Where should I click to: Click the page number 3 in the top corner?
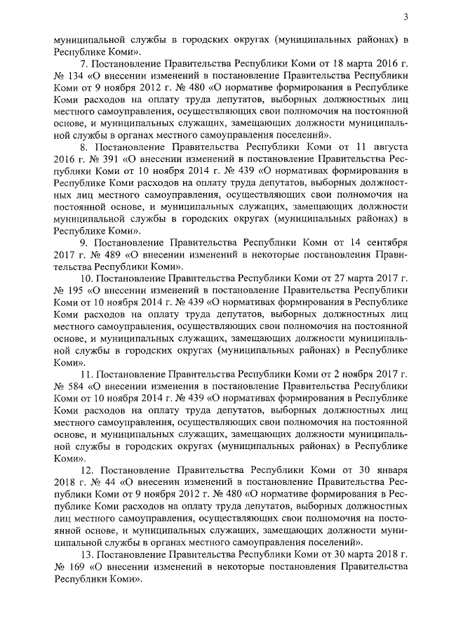click(406, 17)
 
